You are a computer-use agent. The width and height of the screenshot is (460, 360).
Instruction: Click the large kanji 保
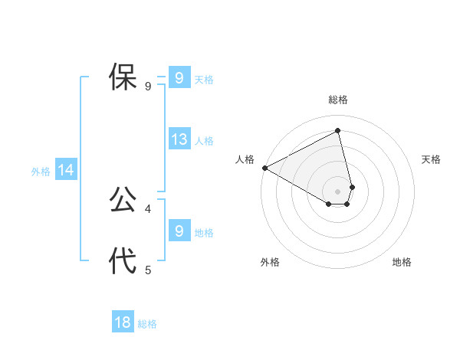(123, 77)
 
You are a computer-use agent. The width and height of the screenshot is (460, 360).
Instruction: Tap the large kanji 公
(123, 200)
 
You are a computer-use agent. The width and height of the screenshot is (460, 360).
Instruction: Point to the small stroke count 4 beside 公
(148, 208)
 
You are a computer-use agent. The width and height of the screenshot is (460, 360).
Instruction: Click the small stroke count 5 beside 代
(148, 270)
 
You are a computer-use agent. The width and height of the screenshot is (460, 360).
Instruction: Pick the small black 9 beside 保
(148, 87)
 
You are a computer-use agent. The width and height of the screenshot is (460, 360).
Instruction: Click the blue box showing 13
(179, 139)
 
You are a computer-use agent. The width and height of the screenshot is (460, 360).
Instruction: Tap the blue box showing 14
(66, 171)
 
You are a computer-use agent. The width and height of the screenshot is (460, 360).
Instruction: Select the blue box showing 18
(123, 322)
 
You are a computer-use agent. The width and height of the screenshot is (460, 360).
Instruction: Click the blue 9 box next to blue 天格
(179, 78)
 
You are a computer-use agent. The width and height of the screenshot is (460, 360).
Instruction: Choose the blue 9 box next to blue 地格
(179, 231)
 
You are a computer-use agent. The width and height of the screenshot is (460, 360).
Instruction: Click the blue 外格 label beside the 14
(41, 172)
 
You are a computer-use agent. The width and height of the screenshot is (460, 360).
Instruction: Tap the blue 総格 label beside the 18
(147, 324)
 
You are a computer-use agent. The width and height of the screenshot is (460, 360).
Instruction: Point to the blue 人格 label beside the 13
(204, 141)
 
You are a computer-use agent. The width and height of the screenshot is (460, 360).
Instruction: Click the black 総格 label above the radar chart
(338, 100)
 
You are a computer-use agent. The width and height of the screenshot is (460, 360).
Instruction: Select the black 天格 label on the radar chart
(432, 159)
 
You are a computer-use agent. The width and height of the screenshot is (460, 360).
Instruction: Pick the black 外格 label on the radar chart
(270, 262)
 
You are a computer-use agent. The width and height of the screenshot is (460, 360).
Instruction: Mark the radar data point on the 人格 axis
(264, 168)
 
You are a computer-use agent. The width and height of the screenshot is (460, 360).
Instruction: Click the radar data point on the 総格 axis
(338, 130)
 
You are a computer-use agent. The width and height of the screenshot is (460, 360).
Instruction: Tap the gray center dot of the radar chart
(338, 191)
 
